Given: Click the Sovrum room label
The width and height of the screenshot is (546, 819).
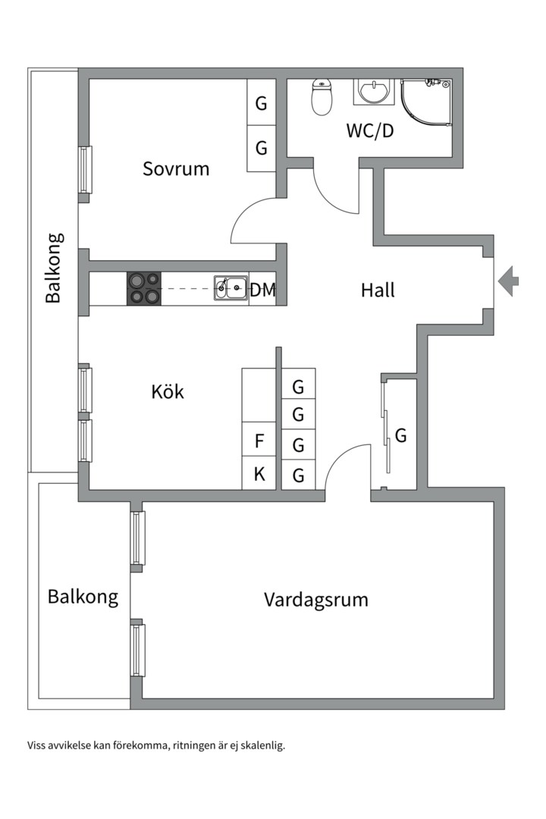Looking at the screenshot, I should pos(176,168).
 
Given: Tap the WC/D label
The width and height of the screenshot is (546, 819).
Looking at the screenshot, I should pos(370,130).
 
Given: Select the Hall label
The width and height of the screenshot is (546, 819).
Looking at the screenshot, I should pos(378,290).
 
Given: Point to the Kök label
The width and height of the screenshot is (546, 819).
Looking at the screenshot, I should pos(168,392).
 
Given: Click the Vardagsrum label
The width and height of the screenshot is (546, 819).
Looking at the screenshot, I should pos(316,600).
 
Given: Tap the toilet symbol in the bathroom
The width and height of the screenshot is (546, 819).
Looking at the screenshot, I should pos(322,98).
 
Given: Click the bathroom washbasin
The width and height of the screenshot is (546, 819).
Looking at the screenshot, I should pos(374,91).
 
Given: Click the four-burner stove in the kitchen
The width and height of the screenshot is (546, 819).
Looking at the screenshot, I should pos(144,288).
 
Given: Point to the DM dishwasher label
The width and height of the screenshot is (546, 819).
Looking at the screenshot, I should pos(263,289).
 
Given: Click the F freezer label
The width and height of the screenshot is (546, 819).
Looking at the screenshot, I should pos(259,441).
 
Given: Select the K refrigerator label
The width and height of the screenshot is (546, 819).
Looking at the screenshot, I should pos(259,475).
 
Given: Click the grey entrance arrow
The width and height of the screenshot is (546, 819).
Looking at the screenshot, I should pos(508,281).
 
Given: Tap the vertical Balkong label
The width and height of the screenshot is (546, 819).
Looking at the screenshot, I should pos(53,268).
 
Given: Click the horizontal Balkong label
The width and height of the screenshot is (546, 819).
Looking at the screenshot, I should pos(83,596).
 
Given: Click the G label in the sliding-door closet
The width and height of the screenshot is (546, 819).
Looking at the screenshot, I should pos(401,436).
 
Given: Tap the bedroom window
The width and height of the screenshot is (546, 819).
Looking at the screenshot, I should pos(86,169).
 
